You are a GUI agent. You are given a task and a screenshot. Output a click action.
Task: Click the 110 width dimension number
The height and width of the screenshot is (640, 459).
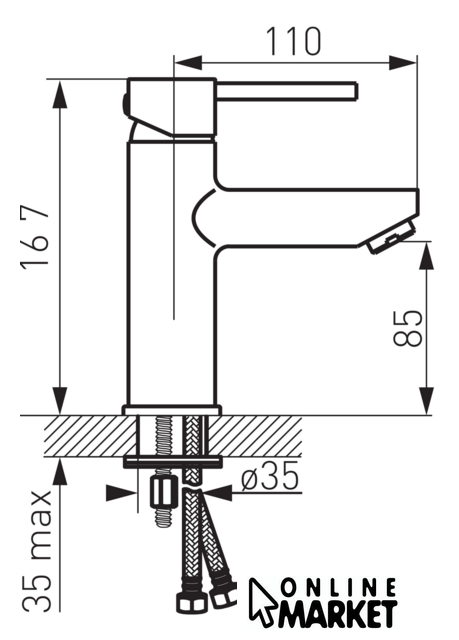coord(293,41)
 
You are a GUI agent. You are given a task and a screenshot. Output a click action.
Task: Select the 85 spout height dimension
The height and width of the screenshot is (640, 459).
coord(408,328)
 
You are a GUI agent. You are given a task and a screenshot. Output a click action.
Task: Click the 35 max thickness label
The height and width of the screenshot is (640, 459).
coord(37,550)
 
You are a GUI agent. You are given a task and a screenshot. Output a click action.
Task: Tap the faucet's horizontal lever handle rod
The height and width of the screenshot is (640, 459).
coord(287,90)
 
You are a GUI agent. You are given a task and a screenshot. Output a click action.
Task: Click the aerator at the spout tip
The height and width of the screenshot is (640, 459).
coord(391,236)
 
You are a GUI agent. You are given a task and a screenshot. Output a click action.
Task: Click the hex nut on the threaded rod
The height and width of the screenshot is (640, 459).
coord(164,493)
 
